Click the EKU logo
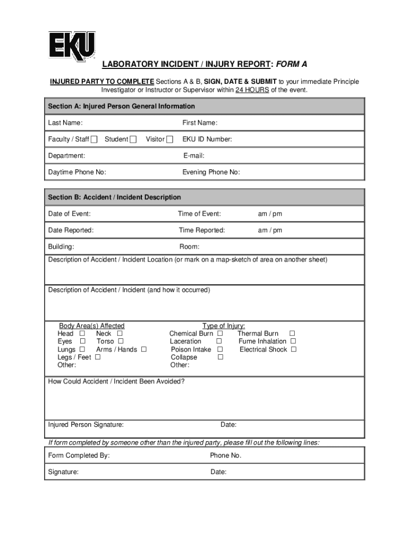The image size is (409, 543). pyautogui.click(x=72, y=46)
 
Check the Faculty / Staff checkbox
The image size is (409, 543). pyautogui.click(x=94, y=139)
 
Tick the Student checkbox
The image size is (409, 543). pyautogui.click(x=133, y=139)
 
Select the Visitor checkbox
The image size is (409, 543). pyautogui.click(x=169, y=139)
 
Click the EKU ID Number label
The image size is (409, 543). pyautogui.click(x=207, y=139)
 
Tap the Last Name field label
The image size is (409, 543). pyautogui.click(x=65, y=123)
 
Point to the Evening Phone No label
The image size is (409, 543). pyautogui.click(x=211, y=172)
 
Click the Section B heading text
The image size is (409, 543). pyautogui.click(x=114, y=197)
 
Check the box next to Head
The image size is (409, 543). pyautogui.click(x=82, y=334)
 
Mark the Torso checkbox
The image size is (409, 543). pyautogui.click(x=120, y=341)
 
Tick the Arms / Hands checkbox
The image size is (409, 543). pyautogui.click(x=143, y=349)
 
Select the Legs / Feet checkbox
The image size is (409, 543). pyautogui.click(x=97, y=357)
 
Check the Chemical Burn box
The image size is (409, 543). pyautogui.click(x=220, y=334)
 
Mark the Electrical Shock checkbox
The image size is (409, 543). pyautogui.click(x=293, y=349)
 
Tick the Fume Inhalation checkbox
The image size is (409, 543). pyautogui.click(x=293, y=341)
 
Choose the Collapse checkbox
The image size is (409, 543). pyautogui.click(x=220, y=357)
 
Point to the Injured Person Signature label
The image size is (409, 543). pyautogui.click(x=86, y=425)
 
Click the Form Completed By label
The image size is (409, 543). pyautogui.click(x=79, y=456)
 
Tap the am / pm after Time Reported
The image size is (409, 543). pyautogui.click(x=270, y=230)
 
